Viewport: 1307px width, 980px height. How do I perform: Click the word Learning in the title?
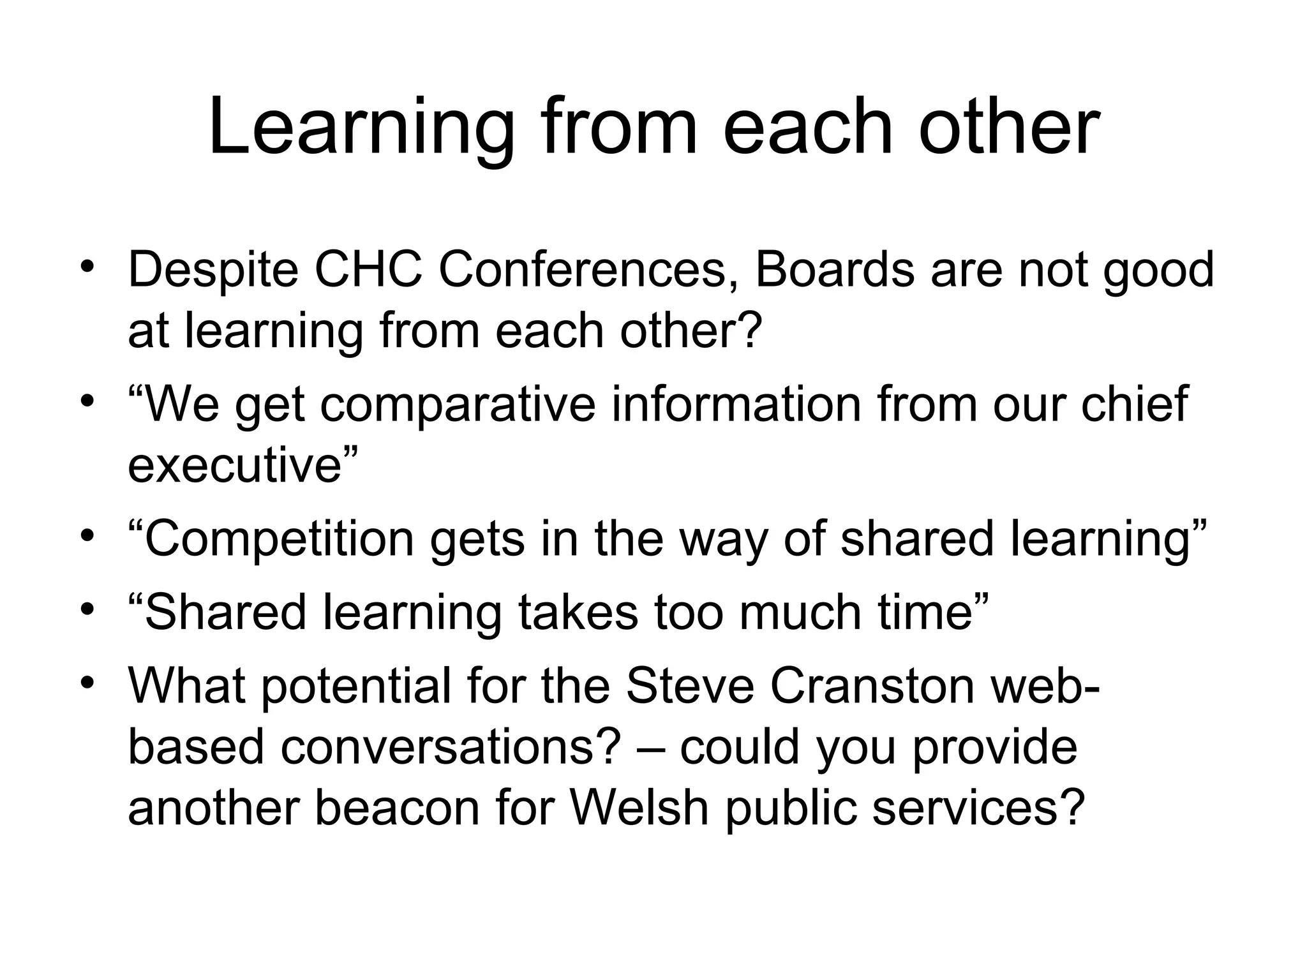click(x=361, y=128)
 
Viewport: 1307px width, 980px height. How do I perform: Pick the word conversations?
click(x=440, y=747)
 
